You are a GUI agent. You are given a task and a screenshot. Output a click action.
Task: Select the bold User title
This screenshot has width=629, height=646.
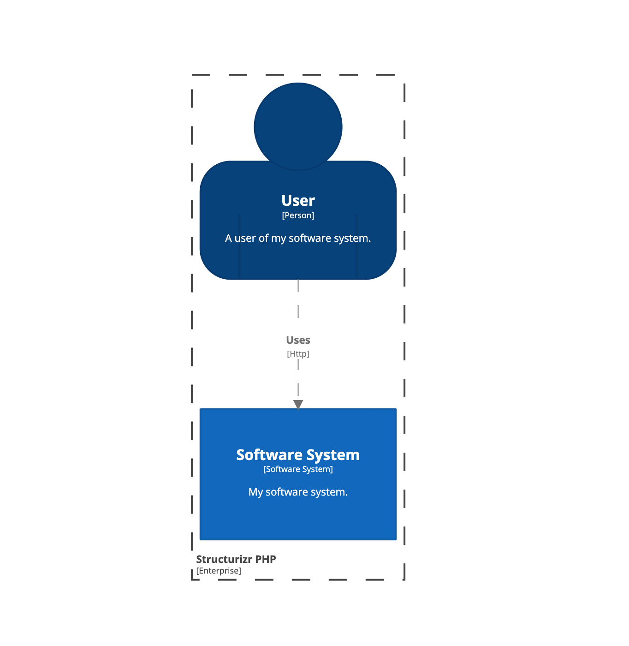pyautogui.click(x=298, y=201)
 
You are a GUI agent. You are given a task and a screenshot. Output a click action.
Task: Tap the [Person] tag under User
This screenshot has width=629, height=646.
pyautogui.click(x=298, y=215)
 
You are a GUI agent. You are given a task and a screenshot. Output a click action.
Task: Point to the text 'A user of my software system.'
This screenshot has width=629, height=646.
pyautogui.click(x=298, y=238)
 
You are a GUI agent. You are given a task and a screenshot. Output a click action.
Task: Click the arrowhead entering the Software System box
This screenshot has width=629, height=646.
pyautogui.click(x=298, y=404)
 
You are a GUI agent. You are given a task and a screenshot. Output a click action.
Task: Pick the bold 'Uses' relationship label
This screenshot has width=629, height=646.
pyautogui.click(x=298, y=340)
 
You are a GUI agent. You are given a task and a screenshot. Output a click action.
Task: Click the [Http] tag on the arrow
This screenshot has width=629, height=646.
pyautogui.click(x=298, y=354)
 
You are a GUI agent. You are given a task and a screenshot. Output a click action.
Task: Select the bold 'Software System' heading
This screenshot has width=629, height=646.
pyautogui.click(x=298, y=455)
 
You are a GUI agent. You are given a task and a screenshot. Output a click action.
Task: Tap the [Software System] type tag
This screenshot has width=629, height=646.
pyautogui.click(x=298, y=469)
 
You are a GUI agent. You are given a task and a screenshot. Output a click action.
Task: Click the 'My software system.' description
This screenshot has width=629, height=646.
pyautogui.click(x=298, y=492)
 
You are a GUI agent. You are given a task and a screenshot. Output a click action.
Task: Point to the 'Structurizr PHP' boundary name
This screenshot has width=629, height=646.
pyautogui.click(x=236, y=559)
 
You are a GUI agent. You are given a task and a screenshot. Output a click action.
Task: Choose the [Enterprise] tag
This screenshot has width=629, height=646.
pyautogui.click(x=219, y=571)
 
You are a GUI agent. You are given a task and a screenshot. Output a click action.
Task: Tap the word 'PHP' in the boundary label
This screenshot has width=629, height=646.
pyautogui.click(x=266, y=559)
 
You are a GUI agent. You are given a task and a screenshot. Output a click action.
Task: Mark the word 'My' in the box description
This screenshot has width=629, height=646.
pyautogui.click(x=255, y=492)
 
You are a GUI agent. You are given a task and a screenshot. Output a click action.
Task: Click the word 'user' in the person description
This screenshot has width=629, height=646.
pyautogui.click(x=245, y=238)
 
